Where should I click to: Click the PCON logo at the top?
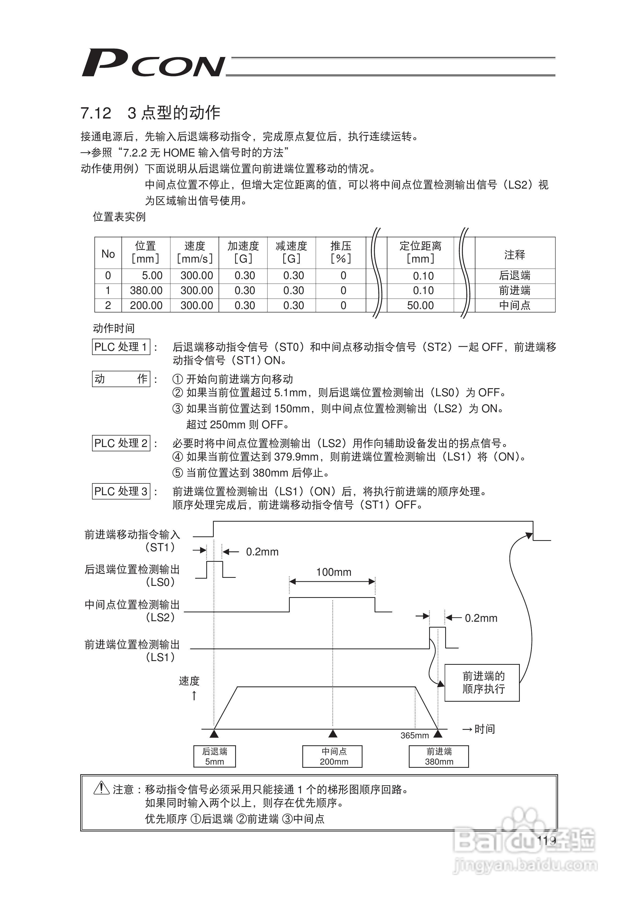click(153, 63)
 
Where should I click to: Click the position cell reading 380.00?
click(146, 291)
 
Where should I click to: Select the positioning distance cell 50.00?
click(420, 305)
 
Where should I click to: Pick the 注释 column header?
click(514, 254)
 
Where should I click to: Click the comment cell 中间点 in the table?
click(514, 305)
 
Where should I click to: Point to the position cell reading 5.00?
click(152, 276)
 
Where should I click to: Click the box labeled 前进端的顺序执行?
click(482, 682)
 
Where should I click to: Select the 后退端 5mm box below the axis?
click(214, 756)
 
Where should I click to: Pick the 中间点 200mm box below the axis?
click(333, 756)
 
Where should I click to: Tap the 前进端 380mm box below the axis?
click(439, 756)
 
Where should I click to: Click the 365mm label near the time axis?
click(414, 735)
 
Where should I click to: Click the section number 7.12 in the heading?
click(96, 113)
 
